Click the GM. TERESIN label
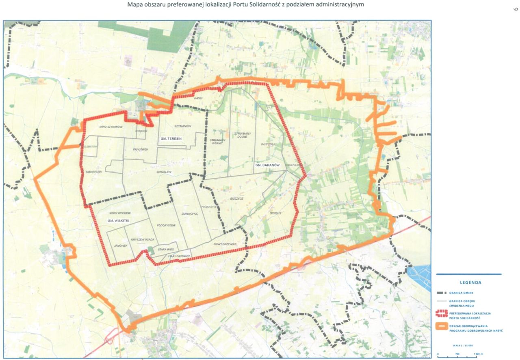pyautogui.click(x=170, y=139)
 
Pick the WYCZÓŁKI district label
pyautogui.click(x=269, y=144)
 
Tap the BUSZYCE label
pyautogui.click(x=236, y=198)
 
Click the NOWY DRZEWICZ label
pyautogui.click(x=225, y=244)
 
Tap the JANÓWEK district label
pyautogui.click(x=121, y=246)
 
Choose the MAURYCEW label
pyautogui.click(x=93, y=172)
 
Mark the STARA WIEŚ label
pyautogui.click(x=165, y=250)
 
